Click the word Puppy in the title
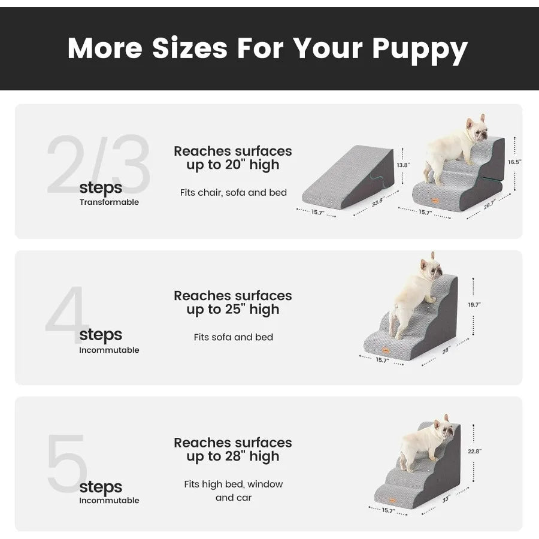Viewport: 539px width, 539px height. (419, 49)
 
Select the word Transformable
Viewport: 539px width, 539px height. (109, 202)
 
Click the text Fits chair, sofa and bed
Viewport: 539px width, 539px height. (233, 193)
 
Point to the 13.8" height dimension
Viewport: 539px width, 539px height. (404, 165)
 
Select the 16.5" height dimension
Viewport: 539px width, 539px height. (514, 162)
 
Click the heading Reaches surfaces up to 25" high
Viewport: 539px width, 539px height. (233, 302)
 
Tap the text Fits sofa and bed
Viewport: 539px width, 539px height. (233, 337)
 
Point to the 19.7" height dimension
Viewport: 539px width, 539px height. (474, 305)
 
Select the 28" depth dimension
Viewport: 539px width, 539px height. (446, 351)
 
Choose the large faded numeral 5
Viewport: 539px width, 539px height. (67, 464)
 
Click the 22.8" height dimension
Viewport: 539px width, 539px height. (474, 452)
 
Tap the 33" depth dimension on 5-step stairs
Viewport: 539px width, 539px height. (446, 499)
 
